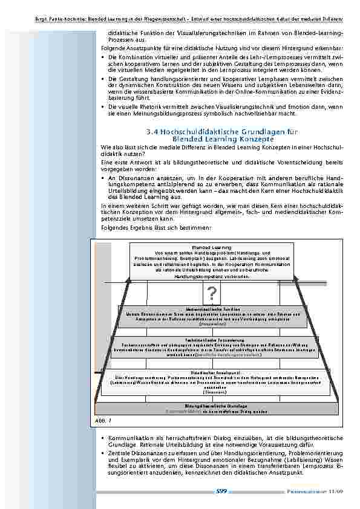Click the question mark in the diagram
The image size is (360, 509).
click(x=211, y=294)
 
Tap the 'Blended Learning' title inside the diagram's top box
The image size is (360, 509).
click(x=211, y=247)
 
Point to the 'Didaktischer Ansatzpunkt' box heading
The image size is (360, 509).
click(x=211, y=372)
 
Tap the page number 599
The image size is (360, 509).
click(x=221, y=491)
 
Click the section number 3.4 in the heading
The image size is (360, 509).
click(x=153, y=132)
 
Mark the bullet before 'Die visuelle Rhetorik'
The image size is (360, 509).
click(x=103, y=106)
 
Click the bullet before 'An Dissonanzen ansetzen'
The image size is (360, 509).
click(x=103, y=180)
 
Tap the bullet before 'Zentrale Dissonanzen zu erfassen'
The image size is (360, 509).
click(x=103, y=453)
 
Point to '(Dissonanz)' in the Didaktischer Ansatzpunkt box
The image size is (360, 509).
click(x=211, y=392)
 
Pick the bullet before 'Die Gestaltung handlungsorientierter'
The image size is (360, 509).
click(x=103, y=79)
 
